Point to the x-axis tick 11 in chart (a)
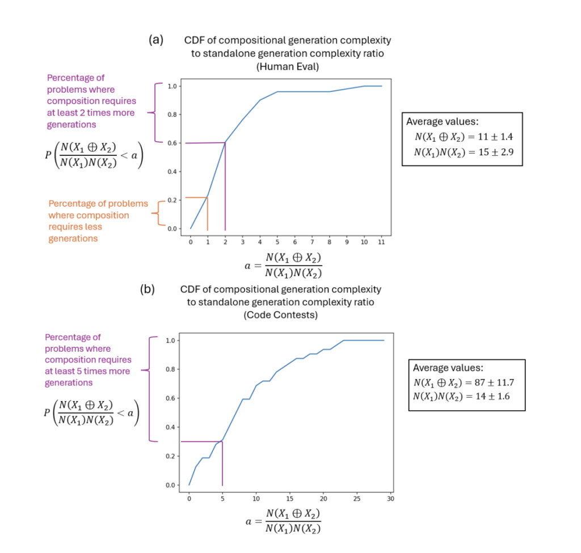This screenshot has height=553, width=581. tap(381, 242)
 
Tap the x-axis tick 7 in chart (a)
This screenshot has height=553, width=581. tap(311, 242)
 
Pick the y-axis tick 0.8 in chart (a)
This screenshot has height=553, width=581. tap(171, 114)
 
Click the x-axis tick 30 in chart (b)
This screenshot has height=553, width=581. tap(391, 499)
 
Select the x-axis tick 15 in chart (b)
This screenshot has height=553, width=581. tap(290, 499)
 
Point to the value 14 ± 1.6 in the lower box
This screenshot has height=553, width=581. tap(492, 396)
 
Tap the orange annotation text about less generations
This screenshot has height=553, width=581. tap(98, 221)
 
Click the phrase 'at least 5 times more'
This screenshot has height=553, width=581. tap(87, 371)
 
